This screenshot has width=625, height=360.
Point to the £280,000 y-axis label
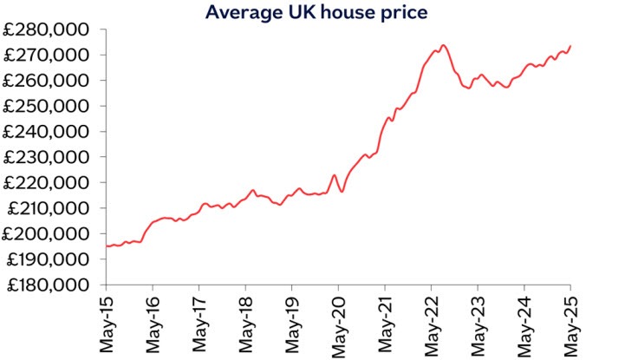[50, 29]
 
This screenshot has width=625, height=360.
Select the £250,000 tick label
[50, 106]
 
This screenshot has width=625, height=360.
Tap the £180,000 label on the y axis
[50, 285]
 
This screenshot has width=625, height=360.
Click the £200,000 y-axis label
[50, 233]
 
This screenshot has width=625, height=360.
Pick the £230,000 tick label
[50, 157]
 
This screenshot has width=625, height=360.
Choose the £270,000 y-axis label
[50, 55]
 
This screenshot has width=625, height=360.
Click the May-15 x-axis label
[107, 322]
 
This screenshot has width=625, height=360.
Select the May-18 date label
[246, 322]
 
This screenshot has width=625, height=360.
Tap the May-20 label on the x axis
[339, 322]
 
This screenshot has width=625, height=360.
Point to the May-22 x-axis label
[432, 322]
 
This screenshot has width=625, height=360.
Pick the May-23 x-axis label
[479, 322]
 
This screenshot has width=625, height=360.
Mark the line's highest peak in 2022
[443, 45]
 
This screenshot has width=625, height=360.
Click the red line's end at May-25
[570, 46]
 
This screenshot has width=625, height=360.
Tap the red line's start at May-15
[107, 246]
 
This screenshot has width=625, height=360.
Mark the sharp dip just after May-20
[342, 191]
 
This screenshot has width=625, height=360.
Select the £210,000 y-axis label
[50, 208]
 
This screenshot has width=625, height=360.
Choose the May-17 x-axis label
[199, 322]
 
